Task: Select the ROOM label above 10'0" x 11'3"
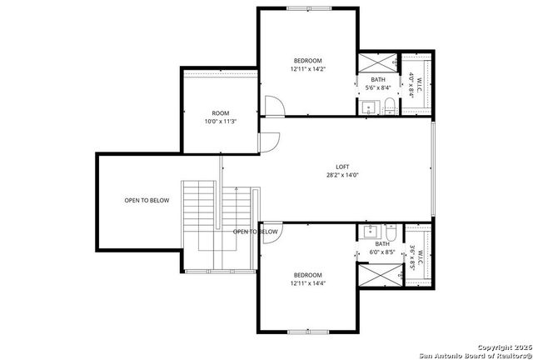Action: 220,113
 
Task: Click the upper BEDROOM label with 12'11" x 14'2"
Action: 308,61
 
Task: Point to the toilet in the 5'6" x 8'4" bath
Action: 389,105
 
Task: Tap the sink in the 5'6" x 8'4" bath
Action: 367,106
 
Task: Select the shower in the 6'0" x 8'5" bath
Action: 379,274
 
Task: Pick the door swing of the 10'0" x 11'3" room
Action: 267,142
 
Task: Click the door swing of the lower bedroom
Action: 270,234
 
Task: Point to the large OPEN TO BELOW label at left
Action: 147,200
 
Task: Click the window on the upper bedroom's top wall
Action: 308,7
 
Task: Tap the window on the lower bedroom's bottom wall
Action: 308,332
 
